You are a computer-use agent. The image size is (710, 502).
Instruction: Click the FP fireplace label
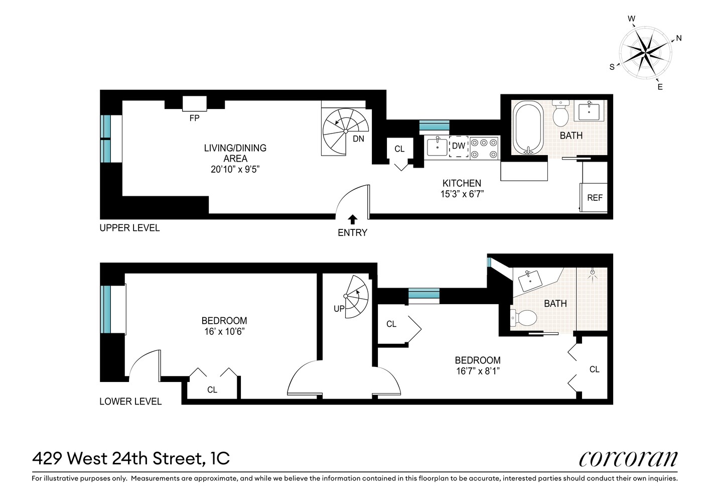click(194, 118)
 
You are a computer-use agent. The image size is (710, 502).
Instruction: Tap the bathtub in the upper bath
click(527, 128)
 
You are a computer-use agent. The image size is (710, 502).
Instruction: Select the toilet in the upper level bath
click(560, 114)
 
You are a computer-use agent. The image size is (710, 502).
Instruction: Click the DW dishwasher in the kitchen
click(459, 146)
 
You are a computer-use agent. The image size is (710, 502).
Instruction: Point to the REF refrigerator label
click(595, 198)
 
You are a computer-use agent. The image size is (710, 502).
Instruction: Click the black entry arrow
click(352, 219)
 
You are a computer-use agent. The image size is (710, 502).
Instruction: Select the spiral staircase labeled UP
click(355, 297)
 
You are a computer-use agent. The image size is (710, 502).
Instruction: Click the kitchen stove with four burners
click(485, 148)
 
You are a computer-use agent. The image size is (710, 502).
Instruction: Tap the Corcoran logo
click(628, 458)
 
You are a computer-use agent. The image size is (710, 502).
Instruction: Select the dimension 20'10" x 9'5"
click(235, 170)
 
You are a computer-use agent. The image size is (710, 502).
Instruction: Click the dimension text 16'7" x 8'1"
click(477, 371)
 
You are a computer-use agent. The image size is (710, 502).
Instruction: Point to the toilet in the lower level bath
click(524, 317)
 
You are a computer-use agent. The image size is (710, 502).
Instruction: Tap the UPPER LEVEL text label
click(129, 228)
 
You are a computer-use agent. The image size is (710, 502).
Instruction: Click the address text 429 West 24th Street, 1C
click(131, 458)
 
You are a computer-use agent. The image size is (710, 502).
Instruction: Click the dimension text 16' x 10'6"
click(224, 332)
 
